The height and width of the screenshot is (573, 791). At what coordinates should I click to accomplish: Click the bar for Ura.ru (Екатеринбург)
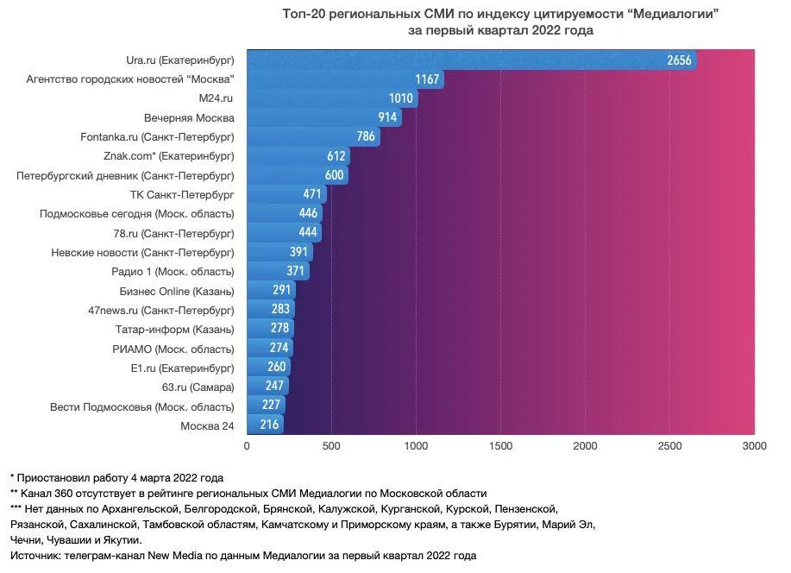(x=471, y=60)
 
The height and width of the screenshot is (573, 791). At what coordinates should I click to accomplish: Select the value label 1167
(x=427, y=79)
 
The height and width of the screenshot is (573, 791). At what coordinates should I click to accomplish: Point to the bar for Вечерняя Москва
(x=323, y=117)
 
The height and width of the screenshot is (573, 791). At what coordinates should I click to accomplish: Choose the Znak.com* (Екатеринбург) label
(x=168, y=156)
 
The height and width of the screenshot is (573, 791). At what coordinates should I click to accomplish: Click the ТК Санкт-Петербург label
(x=181, y=194)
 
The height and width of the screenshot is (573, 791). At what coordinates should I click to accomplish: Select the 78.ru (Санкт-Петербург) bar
(x=284, y=233)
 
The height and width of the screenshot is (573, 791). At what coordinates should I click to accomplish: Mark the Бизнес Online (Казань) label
(x=176, y=291)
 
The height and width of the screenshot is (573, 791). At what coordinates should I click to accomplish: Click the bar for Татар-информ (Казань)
(x=270, y=329)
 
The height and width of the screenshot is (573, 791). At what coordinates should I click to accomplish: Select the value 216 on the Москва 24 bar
(x=270, y=425)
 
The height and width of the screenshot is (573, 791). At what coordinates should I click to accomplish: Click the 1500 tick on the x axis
(x=500, y=445)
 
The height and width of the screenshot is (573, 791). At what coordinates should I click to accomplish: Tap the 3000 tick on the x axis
(x=754, y=445)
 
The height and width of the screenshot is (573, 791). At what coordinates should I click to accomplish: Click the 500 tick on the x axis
(x=331, y=445)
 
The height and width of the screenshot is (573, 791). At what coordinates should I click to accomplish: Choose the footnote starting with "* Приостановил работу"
(x=116, y=477)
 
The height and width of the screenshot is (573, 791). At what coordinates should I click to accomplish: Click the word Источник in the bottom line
(x=35, y=555)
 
